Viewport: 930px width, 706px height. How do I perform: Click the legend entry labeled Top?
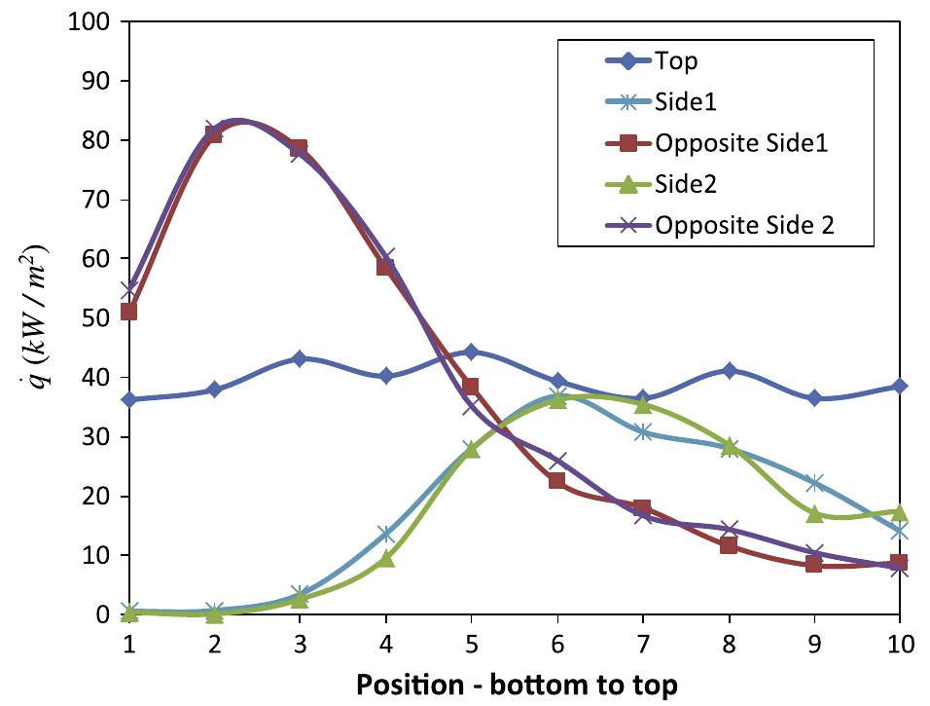point(676,61)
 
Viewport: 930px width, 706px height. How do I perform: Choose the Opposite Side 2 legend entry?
point(745,225)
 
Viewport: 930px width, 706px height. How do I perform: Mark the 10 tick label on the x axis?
point(899,643)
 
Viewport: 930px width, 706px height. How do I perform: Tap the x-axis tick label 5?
point(471,643)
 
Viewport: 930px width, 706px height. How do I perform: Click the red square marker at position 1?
point(128,312)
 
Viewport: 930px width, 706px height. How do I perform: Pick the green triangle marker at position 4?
point(385,559)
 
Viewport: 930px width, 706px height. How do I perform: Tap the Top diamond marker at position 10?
point(899,386)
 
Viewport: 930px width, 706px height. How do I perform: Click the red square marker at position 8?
point(728,545)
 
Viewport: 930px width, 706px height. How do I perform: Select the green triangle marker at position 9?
point(813,514)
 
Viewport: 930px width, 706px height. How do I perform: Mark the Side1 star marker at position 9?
point(813,483)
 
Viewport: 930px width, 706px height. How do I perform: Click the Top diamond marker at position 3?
point(300,358)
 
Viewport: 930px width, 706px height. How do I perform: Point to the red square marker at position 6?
point(556,480)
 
